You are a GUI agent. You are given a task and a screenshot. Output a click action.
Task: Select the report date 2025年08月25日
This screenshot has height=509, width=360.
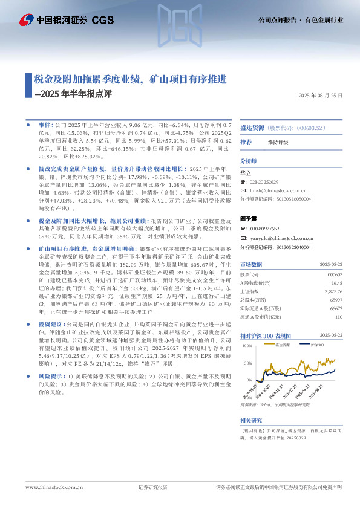321,96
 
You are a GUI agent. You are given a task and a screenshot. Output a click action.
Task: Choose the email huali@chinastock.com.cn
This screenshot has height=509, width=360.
281,190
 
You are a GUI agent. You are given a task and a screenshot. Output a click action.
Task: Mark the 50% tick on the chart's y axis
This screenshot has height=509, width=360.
247,364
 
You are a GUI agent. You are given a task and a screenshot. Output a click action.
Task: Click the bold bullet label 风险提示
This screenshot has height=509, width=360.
52,375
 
